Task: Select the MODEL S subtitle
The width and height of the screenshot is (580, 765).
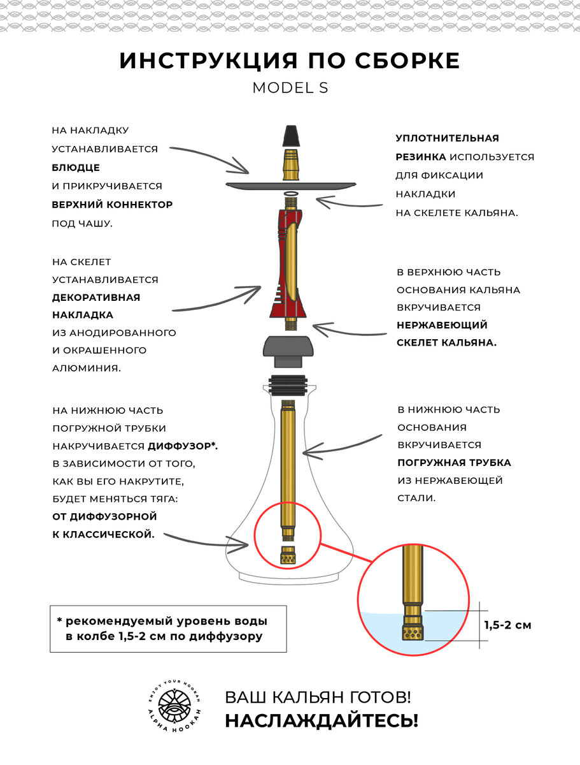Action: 290,88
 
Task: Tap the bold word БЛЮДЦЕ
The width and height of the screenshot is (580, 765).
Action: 76,167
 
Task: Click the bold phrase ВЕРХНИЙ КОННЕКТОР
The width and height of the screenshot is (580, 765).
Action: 112,205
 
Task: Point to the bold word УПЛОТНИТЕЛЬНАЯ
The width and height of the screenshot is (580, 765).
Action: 447,138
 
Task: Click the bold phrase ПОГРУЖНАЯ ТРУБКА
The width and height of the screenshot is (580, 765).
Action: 454,462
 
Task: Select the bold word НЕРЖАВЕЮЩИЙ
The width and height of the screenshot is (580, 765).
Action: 442,324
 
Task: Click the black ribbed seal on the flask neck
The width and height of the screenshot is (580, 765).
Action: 290,386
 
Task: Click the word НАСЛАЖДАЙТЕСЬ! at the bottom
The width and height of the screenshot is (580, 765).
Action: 322,720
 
